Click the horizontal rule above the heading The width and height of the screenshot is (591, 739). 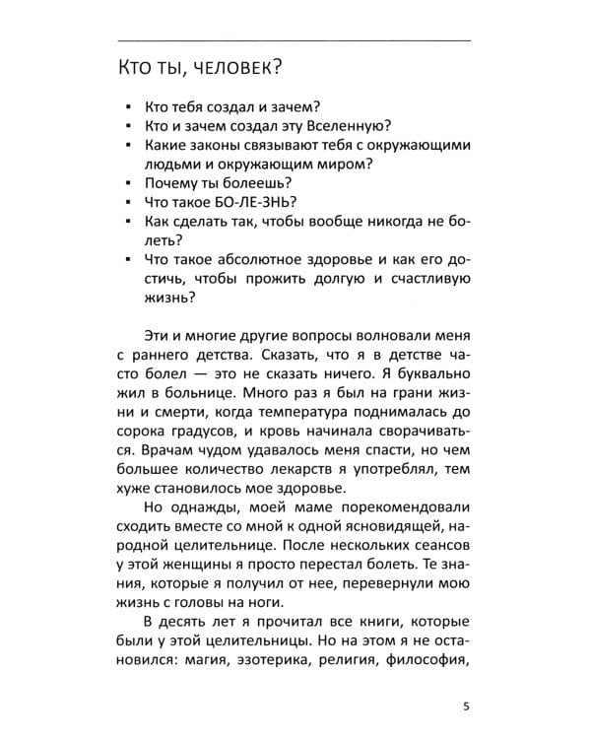tap(295, 39)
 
